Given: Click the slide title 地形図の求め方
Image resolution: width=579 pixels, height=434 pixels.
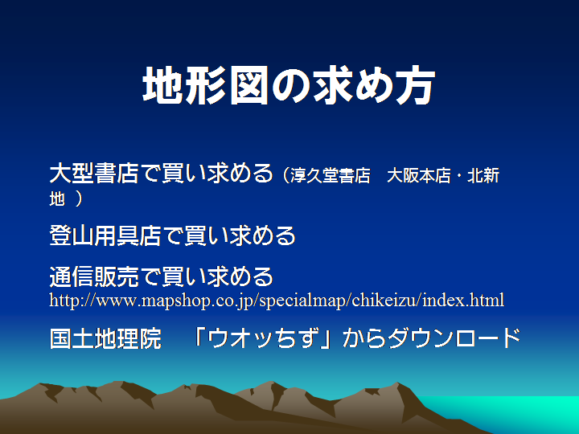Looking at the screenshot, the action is coord(289,85).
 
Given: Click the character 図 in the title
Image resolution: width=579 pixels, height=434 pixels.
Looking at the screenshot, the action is coord(249,85).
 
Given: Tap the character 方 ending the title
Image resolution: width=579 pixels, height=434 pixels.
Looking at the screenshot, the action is coord(416,85).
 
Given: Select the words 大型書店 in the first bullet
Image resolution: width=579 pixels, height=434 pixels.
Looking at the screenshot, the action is coord(94,173).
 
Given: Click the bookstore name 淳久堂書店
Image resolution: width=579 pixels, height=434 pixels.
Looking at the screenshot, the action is coord(331,176).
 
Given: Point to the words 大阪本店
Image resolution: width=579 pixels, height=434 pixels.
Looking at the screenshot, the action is coord(419,176).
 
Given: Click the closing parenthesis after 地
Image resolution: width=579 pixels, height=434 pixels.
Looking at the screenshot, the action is coord(79,199).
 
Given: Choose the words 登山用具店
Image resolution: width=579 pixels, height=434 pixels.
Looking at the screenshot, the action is coord(105,235).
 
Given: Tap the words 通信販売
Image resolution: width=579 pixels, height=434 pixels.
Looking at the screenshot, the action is coord(94,276).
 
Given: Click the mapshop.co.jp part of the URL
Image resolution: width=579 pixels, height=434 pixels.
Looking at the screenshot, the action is coord(199,301).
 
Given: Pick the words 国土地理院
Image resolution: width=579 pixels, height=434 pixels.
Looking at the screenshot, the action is coord(105,338).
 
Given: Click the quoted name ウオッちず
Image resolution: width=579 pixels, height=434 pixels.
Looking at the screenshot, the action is coord(261,338).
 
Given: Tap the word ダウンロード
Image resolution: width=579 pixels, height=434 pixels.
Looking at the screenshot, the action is coord(455,338).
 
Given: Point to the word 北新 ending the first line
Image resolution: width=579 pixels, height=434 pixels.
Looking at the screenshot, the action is coord(483,176).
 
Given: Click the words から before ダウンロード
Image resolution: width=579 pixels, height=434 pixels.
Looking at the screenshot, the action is coord(365,338).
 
